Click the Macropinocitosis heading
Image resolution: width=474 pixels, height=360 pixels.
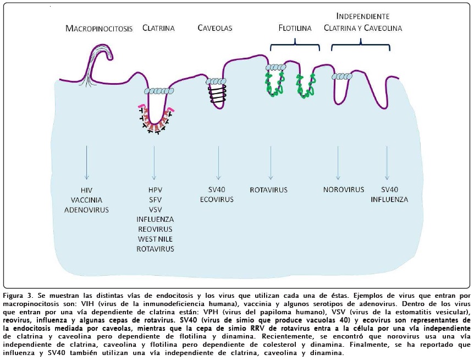pyautogui.click(x=99, y=28)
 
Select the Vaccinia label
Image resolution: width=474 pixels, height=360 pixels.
pyautogui.click(x=86, y=199)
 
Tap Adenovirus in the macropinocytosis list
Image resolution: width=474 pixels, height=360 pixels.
pyautogui.click(x=86, y=209)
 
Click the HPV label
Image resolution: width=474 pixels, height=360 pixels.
pyautogui.click(x=155, y=190)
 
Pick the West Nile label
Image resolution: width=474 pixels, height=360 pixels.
pyautogui.click(x=155, y=239)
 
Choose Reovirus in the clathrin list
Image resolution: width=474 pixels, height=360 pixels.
pyautogui.click(x=155, y=229)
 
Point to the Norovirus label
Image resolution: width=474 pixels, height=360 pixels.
pyautogui.click(x=344, y=189)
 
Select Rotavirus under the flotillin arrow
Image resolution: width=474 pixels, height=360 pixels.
pyautogui.click(x=268, y=190)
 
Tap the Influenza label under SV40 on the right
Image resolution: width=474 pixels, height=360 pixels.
pyautogui.click(x=389, y=199)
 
